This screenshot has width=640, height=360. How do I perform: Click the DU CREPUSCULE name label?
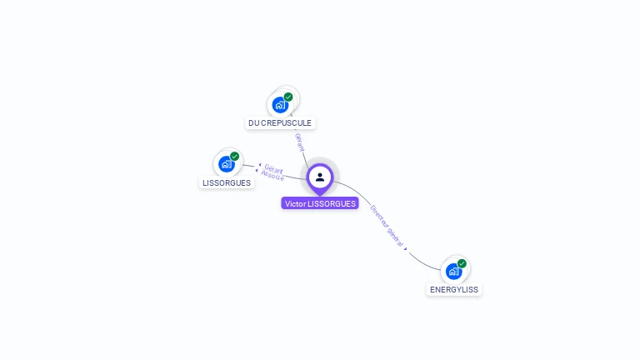(280, 123)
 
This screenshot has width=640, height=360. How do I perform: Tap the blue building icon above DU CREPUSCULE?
(279, 105)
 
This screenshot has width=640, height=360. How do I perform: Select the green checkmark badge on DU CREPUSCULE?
(288, 97)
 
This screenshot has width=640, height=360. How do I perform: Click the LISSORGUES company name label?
(227, 183)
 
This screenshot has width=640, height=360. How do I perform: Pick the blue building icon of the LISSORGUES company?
(225, 164)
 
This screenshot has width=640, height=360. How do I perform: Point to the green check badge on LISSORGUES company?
(234, 156)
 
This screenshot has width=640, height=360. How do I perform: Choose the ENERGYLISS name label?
(454, 290)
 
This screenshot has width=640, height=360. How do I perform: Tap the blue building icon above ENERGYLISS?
(452, 271)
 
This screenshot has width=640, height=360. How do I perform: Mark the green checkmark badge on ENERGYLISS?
(462, 263)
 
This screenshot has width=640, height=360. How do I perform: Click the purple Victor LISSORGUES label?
(320, 203)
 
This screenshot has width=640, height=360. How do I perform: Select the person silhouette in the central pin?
(320, 177)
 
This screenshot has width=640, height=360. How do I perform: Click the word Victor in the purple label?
(295, 203)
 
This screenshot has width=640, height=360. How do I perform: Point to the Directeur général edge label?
(387, 223)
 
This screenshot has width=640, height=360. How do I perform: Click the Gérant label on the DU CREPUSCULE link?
(299, 142)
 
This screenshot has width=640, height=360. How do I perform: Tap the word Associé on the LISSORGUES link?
(272, 176)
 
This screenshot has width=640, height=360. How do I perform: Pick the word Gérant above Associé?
(274, 169)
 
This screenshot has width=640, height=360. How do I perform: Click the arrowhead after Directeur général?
(406, 248)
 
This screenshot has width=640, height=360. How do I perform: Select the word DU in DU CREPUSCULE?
(254, 123)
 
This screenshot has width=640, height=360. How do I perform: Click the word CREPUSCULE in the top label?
(287, 123)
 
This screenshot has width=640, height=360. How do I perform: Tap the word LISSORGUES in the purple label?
(332, 203)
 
